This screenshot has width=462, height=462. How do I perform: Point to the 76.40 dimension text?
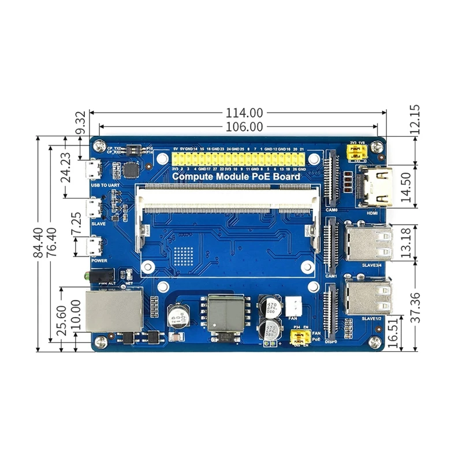(x=52, y=244)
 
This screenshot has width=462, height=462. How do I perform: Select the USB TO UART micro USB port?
(x=92, y=170)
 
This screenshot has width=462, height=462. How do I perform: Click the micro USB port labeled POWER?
(x=92, y=247)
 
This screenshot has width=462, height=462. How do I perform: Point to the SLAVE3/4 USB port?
(x=368, y=243)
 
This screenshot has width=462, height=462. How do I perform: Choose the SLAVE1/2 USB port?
(x=368, y=297)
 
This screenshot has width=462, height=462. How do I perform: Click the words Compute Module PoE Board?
(x=236, y=177)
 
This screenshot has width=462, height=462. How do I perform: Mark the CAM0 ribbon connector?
(x=331, y=179)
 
